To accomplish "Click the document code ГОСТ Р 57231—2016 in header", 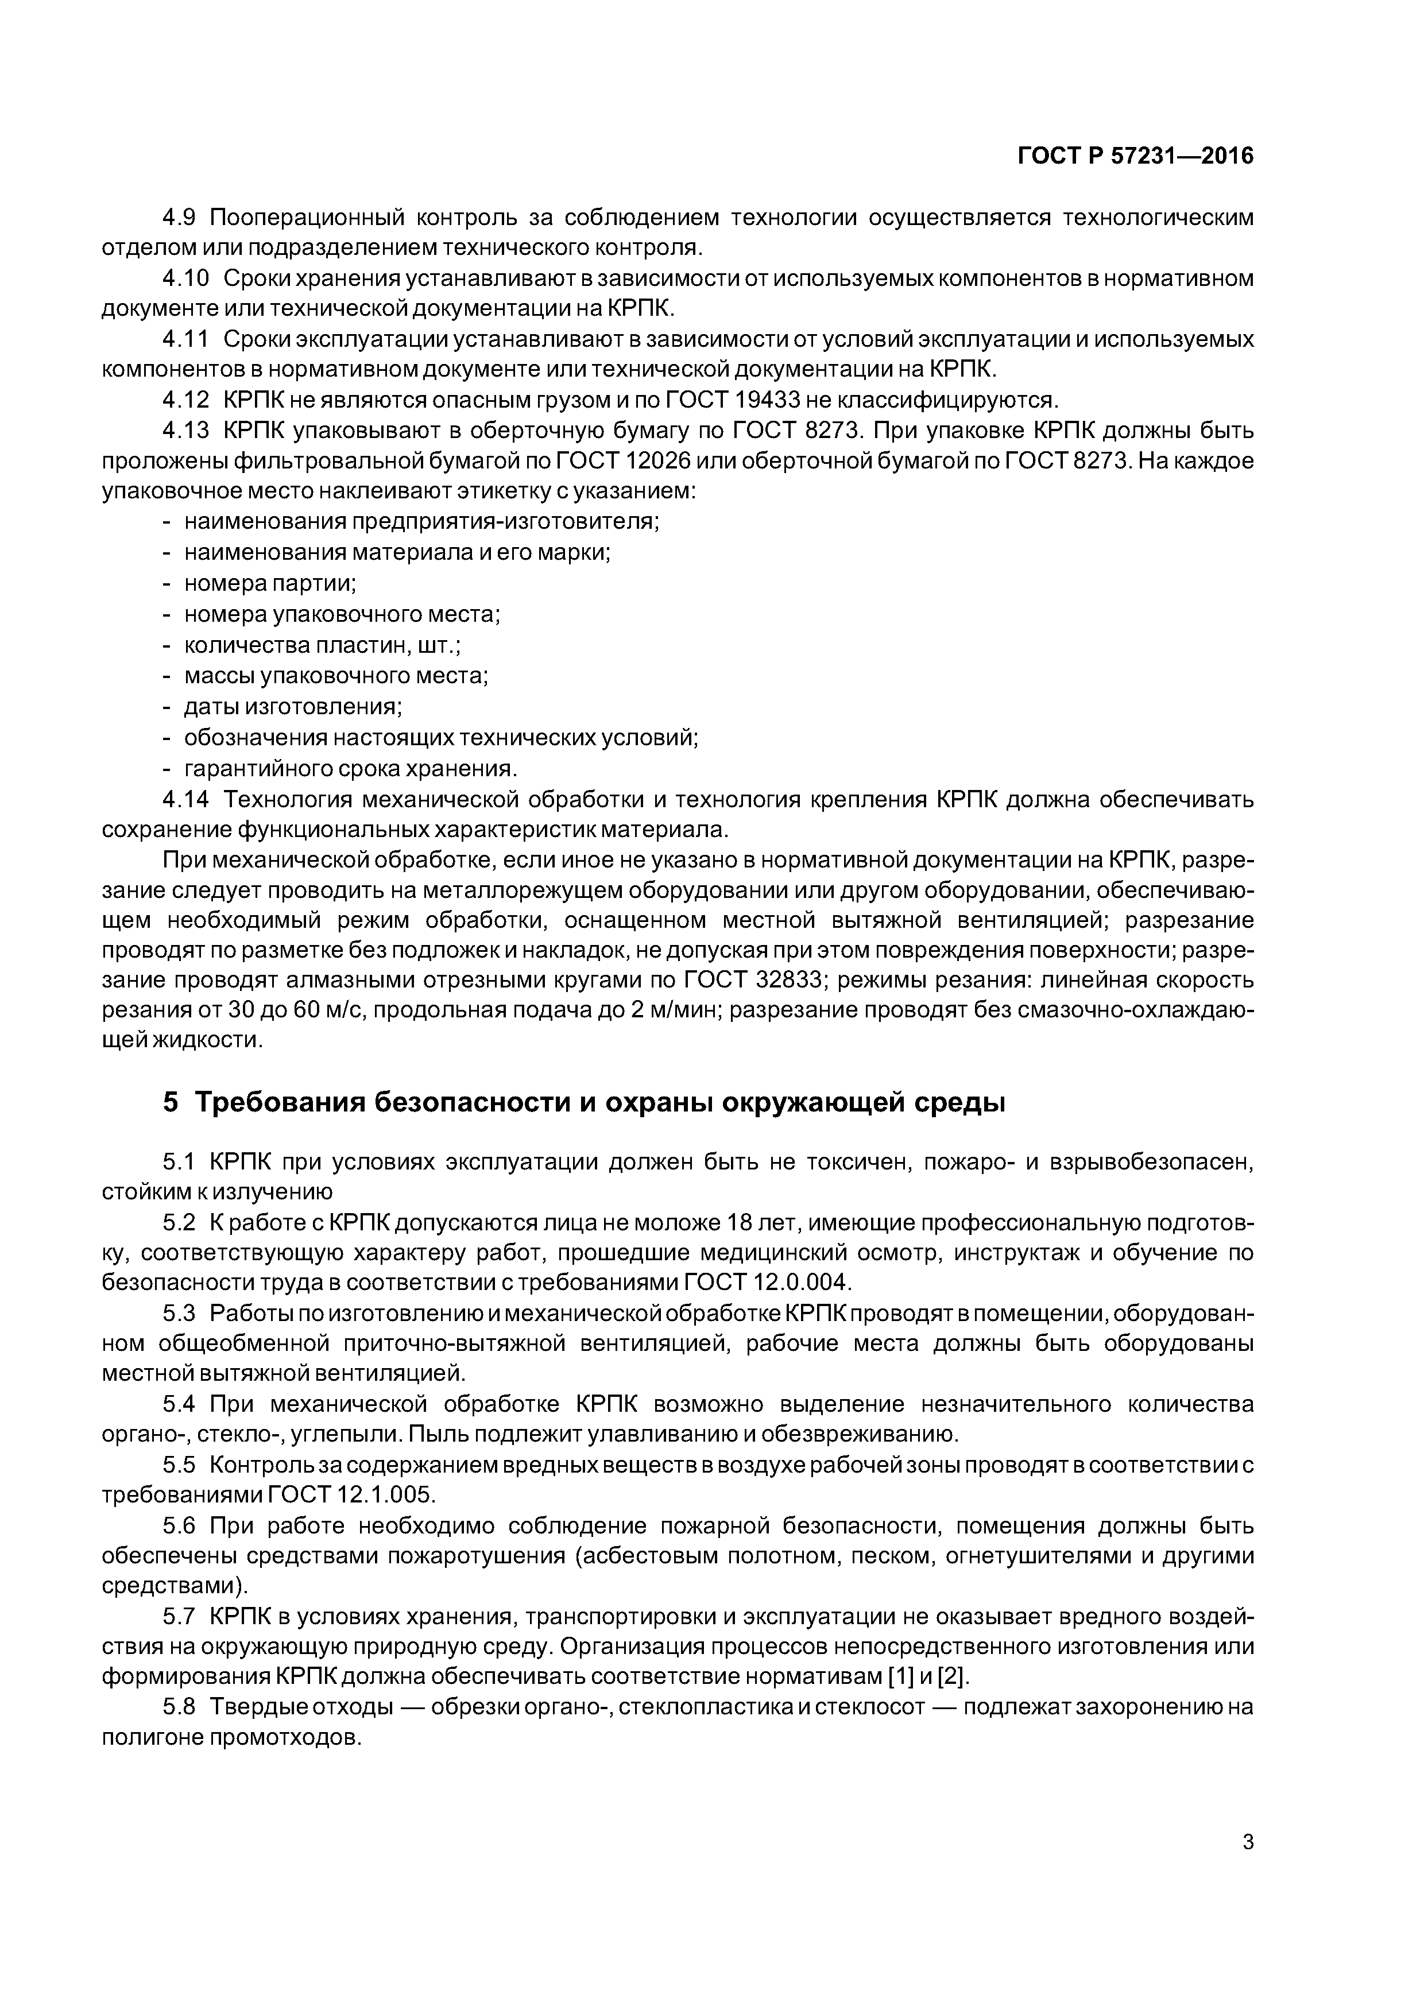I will (1135, 156).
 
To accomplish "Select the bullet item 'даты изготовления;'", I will (293, 706).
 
